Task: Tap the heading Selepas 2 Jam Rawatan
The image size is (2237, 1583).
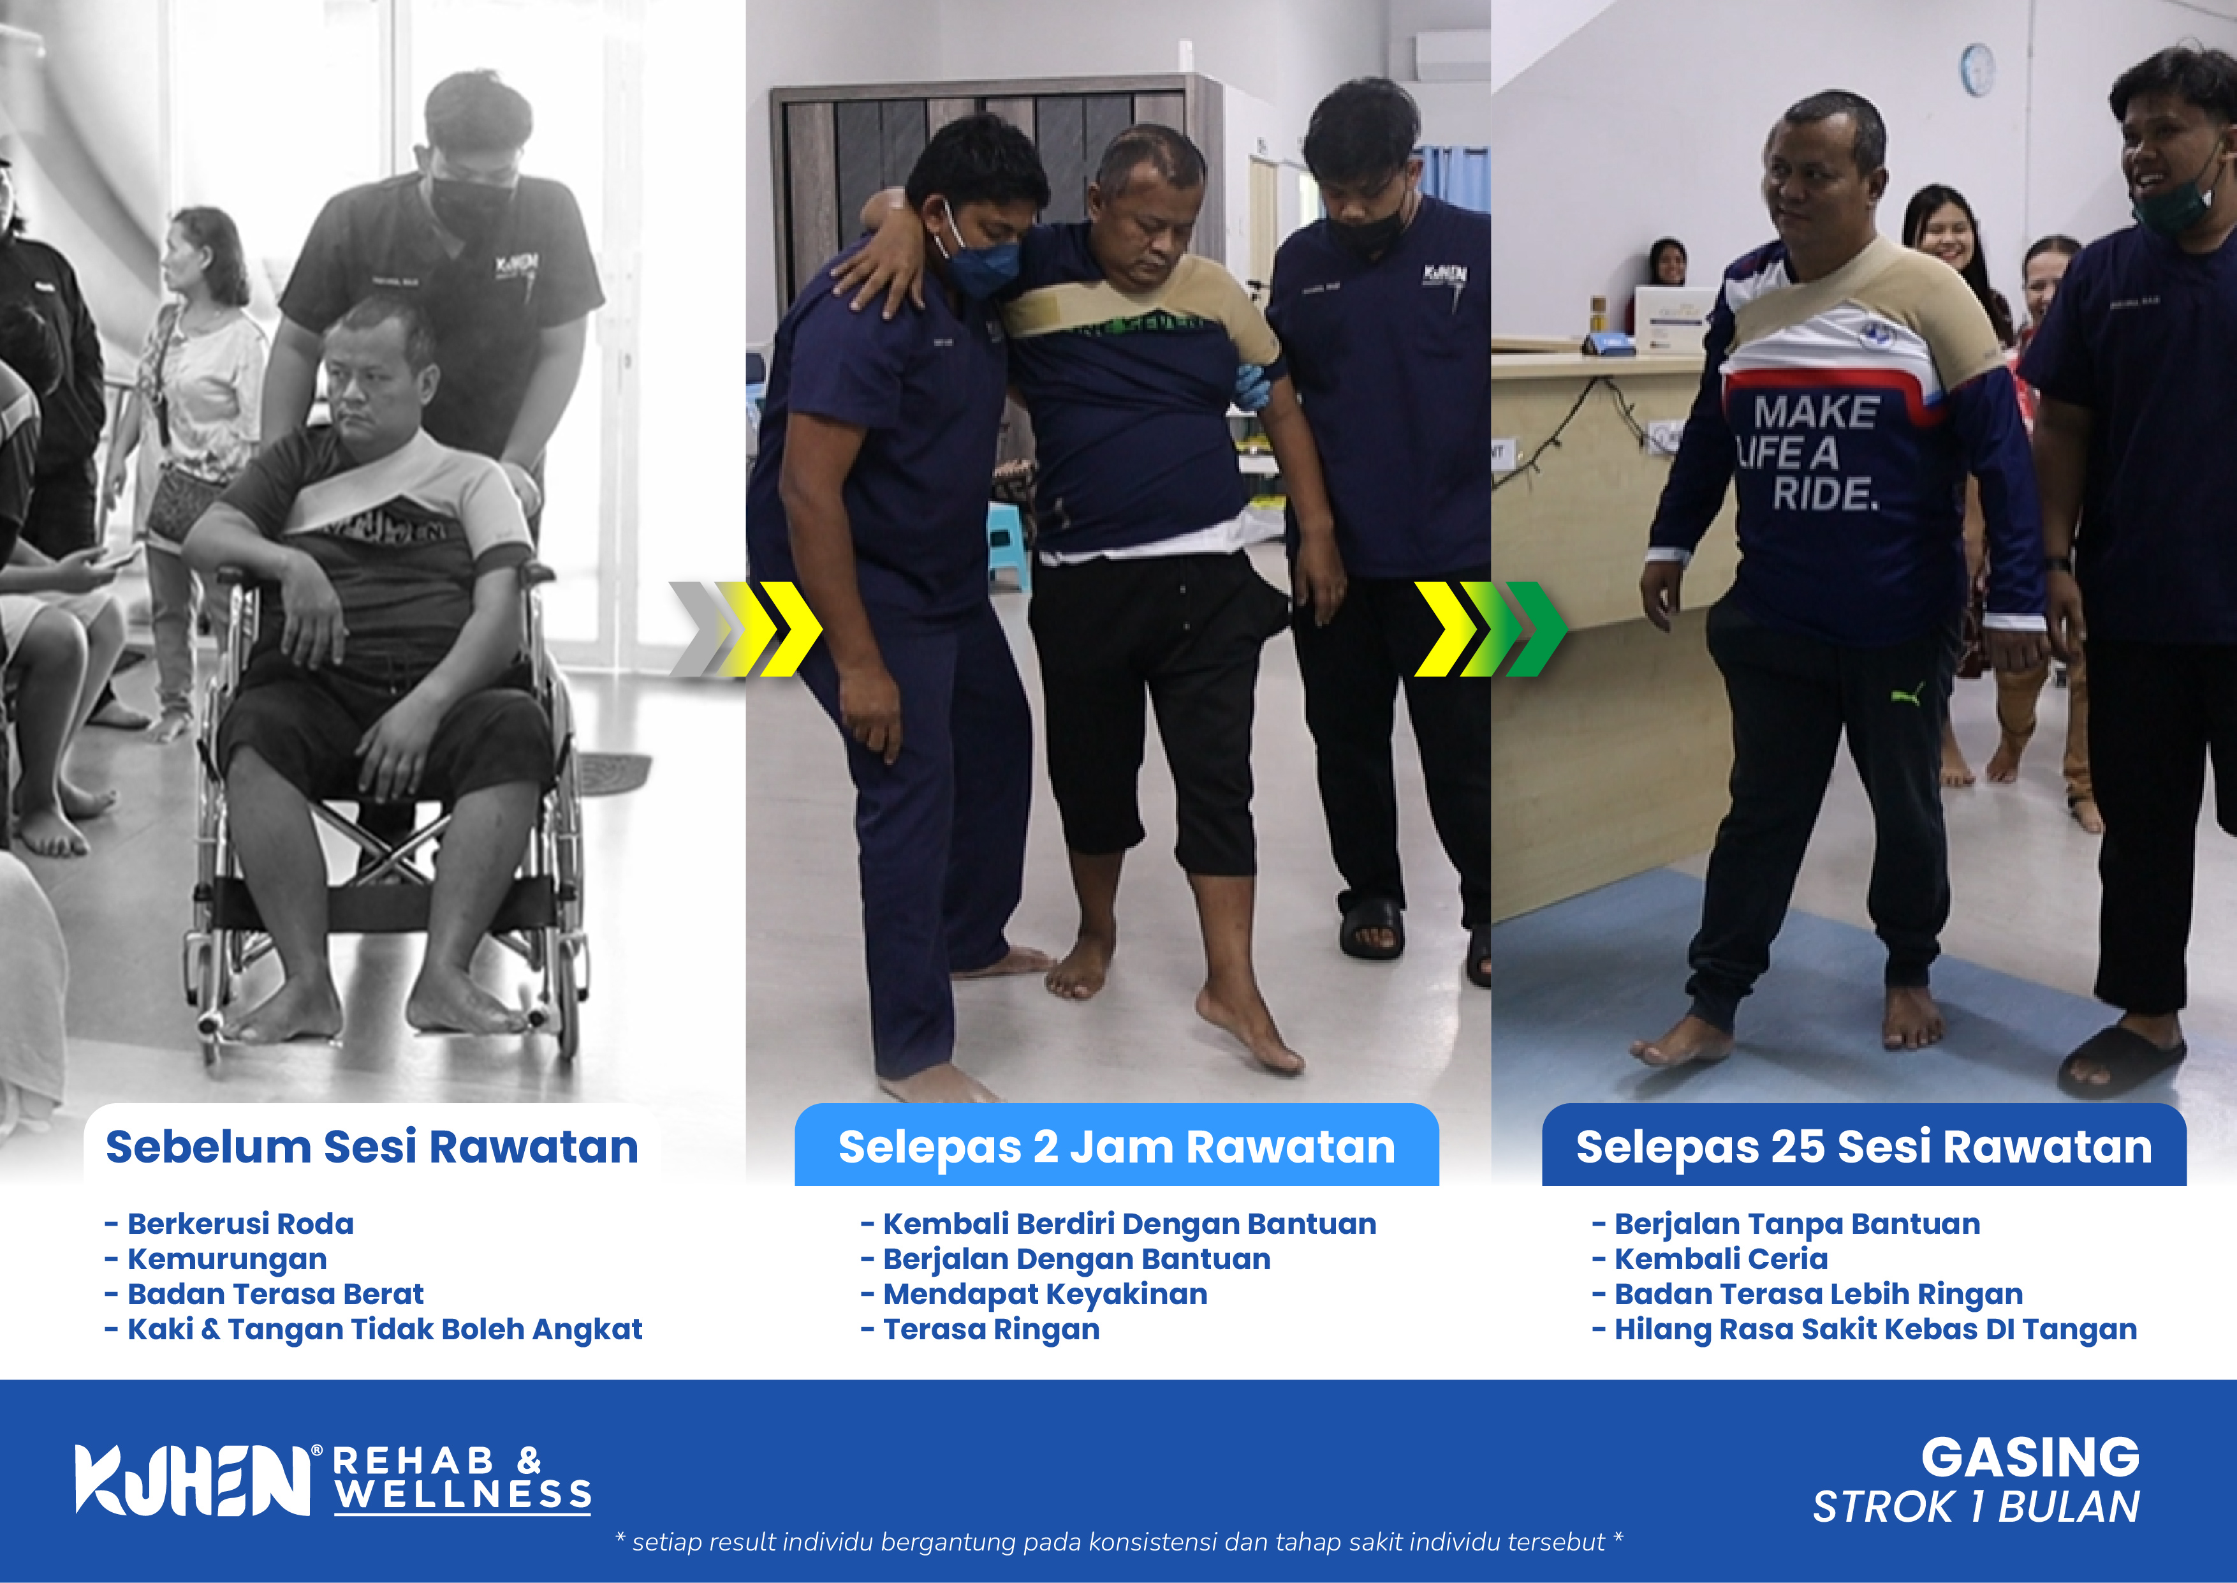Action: coord(1117,1147)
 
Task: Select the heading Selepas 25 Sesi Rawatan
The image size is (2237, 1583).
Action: coord(1864,1147)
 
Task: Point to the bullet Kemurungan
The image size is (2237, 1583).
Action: coord(216,1260)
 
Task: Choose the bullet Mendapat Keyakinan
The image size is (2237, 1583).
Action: coord(1035,1295)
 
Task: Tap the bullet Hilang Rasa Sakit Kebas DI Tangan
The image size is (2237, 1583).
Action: coord(1865,1330)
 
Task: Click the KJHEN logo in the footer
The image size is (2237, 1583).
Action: coord(195,1480)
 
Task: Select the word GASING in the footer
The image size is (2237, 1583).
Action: coord(2030,1458)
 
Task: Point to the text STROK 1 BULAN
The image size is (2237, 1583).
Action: coord(1976,1507)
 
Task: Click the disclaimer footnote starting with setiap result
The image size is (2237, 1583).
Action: coord(1118,1542)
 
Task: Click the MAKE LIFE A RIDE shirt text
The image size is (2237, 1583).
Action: coord(1809,453)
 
